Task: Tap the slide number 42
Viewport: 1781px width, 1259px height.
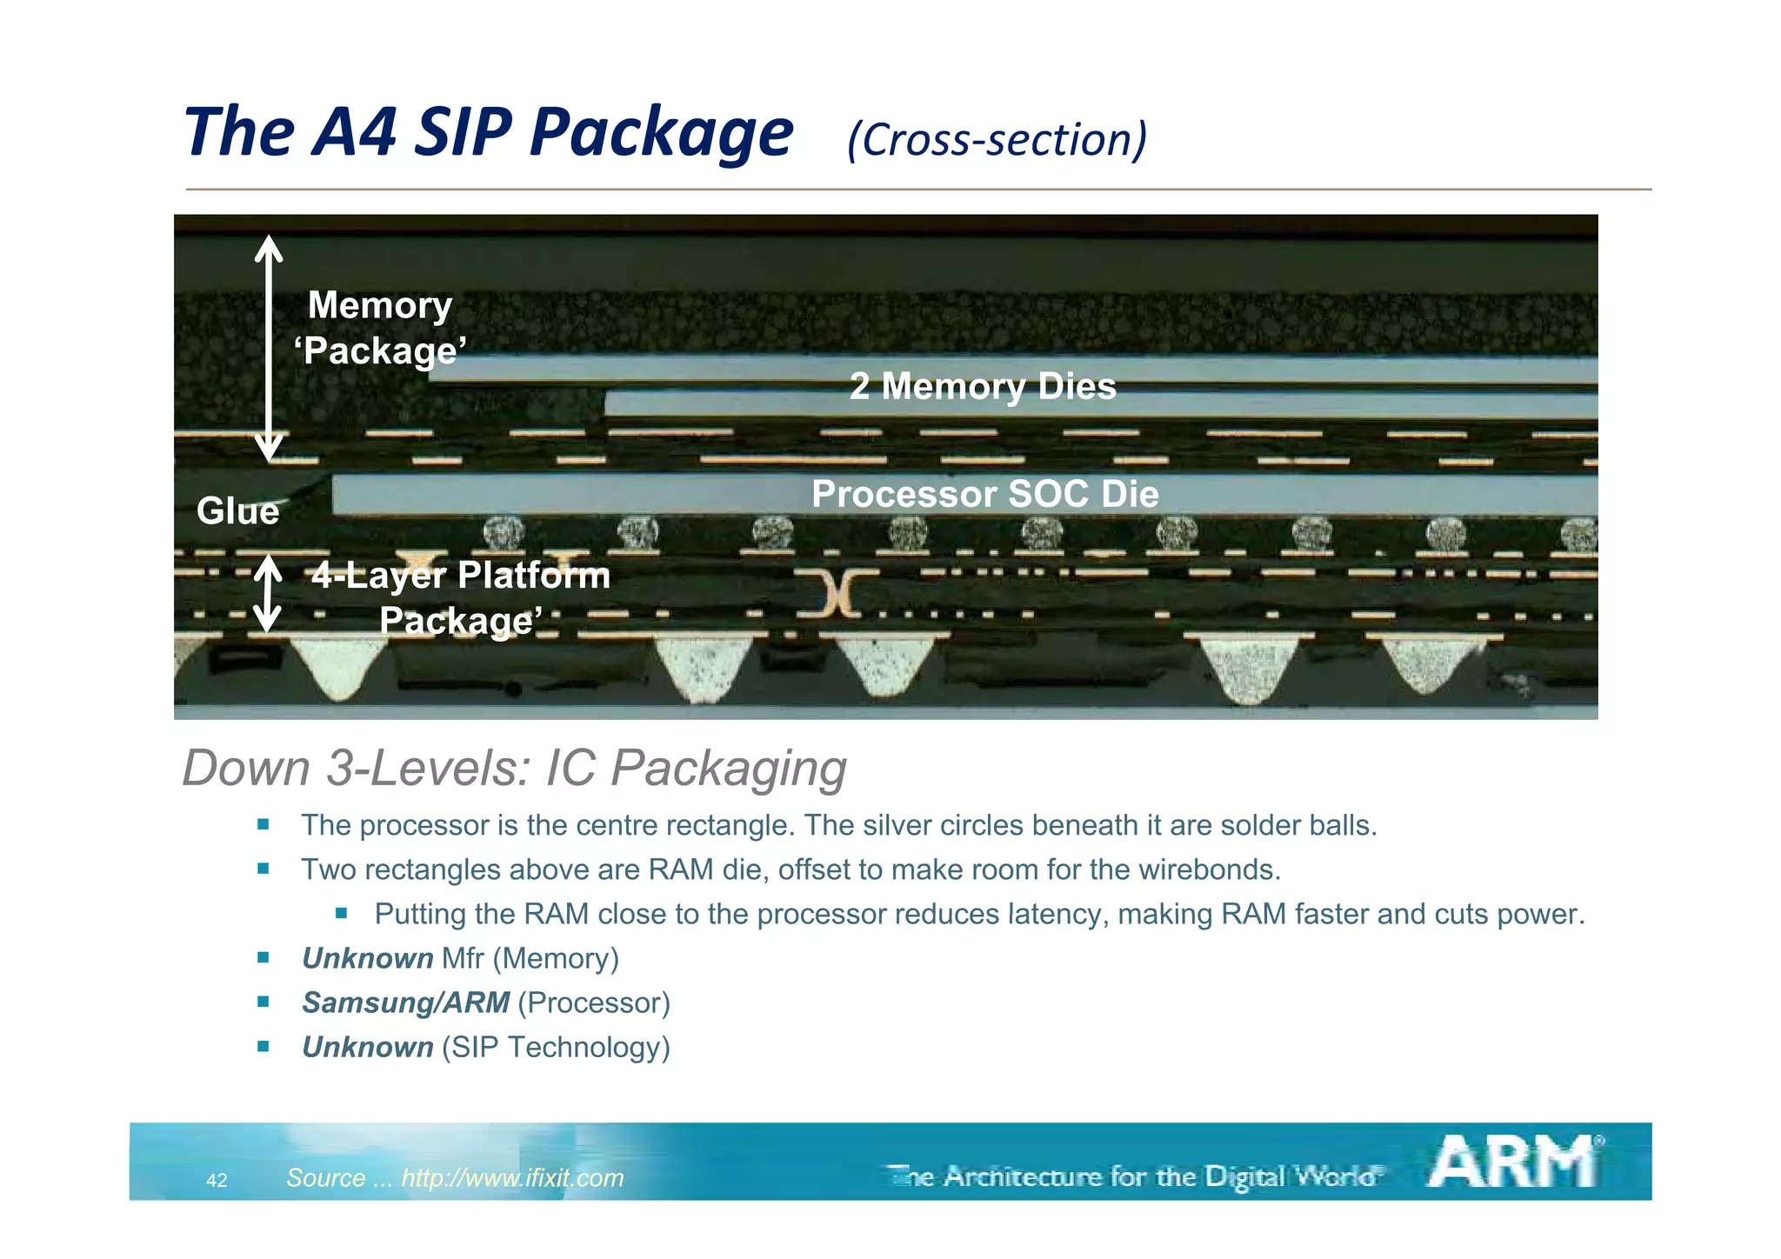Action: pyautogui.click(x=217, y=1180)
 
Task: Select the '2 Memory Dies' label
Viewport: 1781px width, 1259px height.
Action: pyautogui.click(x=983, y=386)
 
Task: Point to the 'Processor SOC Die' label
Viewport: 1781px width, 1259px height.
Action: pyautogui.click(x=984, y=494)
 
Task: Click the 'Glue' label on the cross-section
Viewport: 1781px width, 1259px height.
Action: pyautogui.click(x=237, y=510)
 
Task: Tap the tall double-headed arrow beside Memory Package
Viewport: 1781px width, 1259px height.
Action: pyautogui.click(x=269, y=348)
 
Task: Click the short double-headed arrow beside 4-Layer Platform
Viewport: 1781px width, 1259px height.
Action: pyautogui.click(x=267, y=595)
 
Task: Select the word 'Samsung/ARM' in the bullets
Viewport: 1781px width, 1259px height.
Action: pyautogui.click(x=405, y=1003)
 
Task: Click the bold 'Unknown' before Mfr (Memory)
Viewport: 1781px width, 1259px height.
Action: pyautogui.click(x=367, y=958)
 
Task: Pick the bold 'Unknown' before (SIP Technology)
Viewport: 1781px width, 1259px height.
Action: pyautogui.click(x=367, y=1047)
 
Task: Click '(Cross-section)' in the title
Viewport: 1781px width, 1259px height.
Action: pyautogui.click(x=997, y=139)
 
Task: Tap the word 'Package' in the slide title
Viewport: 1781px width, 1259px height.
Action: pyautogui.click(x=661, y=132)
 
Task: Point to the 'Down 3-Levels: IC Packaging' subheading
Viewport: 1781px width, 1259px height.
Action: pyautogui.click(x=514, y=768)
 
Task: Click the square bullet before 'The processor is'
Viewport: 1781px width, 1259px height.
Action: pyautogui.click(x=263, y=824)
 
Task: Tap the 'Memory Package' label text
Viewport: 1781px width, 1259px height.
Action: pyautogui.click(x=380, y=329)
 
